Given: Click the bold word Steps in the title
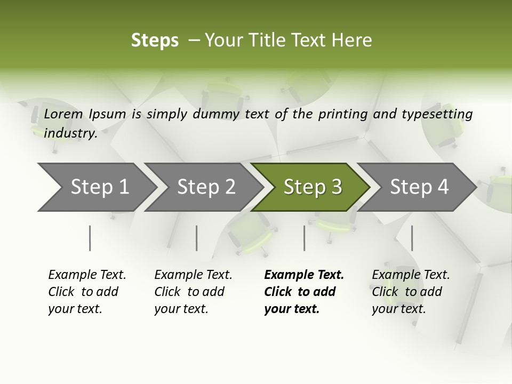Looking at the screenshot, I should point(155,41).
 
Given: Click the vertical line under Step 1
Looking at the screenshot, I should point(90,238).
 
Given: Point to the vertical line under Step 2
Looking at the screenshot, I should point(197,238).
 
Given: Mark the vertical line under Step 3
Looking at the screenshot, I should point(305,238).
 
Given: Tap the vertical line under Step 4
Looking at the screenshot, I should point(412,238).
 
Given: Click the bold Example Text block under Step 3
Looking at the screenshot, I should point(304,292).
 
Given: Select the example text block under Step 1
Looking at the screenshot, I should point(87,292).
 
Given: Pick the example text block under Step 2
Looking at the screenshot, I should point(193,292).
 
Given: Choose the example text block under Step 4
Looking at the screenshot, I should point(411,292).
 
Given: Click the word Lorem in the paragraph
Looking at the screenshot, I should point(63,114).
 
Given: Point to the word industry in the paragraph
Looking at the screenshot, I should point(70,133).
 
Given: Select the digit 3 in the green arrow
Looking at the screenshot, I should point(336,187).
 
